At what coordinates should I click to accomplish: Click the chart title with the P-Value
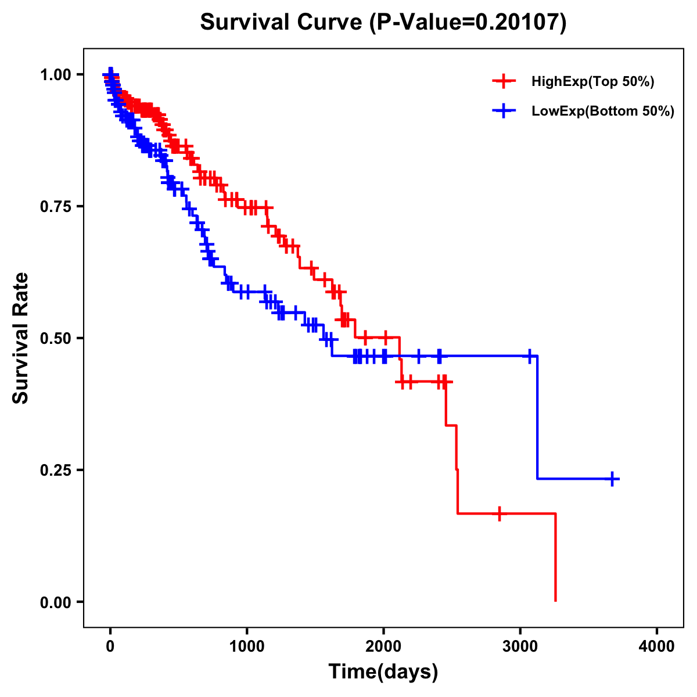[x=383, y=22]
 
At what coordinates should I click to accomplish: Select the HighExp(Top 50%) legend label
[x=593, y=82]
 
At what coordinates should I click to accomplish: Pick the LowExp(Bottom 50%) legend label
[x=603, y=112]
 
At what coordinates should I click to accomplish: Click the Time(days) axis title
[x=383, y=672]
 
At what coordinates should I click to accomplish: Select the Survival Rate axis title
[x=21, y=338]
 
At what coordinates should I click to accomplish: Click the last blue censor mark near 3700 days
[x=612, y=479]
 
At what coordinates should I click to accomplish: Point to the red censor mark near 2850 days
[x=499, y=513]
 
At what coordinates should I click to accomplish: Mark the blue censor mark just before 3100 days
[x=529, y=355]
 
